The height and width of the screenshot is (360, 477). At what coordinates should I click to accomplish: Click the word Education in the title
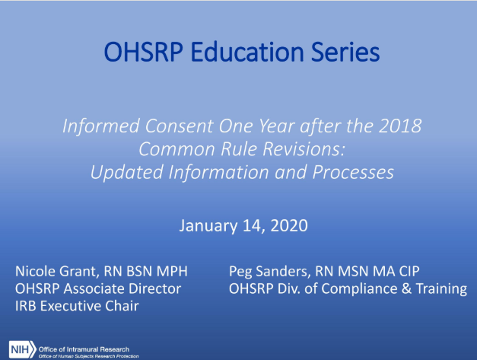[x=247, y=52]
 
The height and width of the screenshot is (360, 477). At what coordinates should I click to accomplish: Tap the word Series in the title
[x=345, y=52]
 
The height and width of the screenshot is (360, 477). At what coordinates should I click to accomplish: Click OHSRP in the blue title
[x=144, y=52]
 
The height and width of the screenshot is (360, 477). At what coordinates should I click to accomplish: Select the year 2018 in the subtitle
[x=400, y=126]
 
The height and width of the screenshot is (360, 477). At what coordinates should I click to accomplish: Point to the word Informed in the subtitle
[x=101, y=126]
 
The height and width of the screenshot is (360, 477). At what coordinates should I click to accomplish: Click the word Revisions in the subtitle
[x=304, y=149]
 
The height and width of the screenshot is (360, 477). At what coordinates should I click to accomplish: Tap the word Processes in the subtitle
[x=353, y=172]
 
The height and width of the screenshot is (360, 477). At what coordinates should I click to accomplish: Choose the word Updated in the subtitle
[x=127, y=172]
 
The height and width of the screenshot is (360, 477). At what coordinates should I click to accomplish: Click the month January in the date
[x=208, y=226]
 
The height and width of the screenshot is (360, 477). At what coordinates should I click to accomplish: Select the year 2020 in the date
[x=288, y=225]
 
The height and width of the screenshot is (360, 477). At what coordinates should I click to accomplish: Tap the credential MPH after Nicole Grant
[x=172, y=272]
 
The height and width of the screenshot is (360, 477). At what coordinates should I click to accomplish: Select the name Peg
[x=240, y=272]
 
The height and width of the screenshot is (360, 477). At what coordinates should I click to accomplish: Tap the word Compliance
[x=359, y=289]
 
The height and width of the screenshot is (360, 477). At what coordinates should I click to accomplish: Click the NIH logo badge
[x=22, y=349]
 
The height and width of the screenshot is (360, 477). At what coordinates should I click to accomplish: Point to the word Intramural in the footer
[x=82, y=349]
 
